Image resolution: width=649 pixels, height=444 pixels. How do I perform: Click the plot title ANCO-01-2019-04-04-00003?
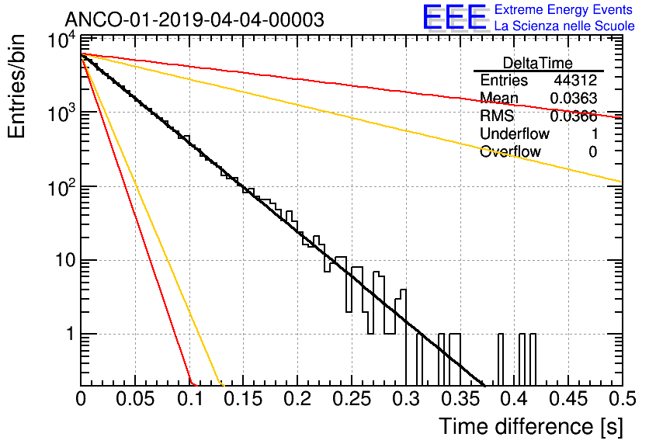tap(195, 19)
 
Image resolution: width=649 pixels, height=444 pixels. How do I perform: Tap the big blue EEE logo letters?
tap(454, 17)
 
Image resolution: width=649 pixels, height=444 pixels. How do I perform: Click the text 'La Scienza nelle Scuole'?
tap(564, 26)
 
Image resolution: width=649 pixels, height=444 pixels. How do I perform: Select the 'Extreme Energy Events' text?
tap(564, 9)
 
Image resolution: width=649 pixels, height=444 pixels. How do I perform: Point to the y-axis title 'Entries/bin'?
tap(16, 86)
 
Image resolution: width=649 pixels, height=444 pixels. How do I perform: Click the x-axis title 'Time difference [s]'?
tap(531, 426)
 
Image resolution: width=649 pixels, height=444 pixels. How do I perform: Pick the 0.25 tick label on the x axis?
tap(351, 399)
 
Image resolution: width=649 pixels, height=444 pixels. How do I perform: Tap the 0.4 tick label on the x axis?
tap(514, 399)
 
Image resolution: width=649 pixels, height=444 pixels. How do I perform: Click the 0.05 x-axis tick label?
tap(135, 399)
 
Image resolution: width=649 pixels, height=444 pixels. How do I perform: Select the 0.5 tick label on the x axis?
tap(622, 399)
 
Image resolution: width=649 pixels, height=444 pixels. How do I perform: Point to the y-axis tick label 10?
tap(64, 261)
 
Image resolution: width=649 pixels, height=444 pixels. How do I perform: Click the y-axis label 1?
tap(70, 334)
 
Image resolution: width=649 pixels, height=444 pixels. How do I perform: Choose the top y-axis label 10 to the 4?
tap(62, 40)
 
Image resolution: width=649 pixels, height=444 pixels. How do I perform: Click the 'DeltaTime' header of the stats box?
tap(538, 63)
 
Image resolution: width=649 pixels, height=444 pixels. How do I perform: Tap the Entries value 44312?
tap(576, 80)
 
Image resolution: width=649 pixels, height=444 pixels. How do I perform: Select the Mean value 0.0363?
tap(574, 98)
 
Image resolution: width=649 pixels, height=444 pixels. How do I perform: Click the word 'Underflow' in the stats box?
tap(515, 134)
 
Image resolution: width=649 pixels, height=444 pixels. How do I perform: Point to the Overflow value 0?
tap(592, 152)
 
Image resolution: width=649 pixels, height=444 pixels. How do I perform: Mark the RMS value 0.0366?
tap(574, 116)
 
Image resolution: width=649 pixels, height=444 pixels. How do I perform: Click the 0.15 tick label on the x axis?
tap(243, 399)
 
